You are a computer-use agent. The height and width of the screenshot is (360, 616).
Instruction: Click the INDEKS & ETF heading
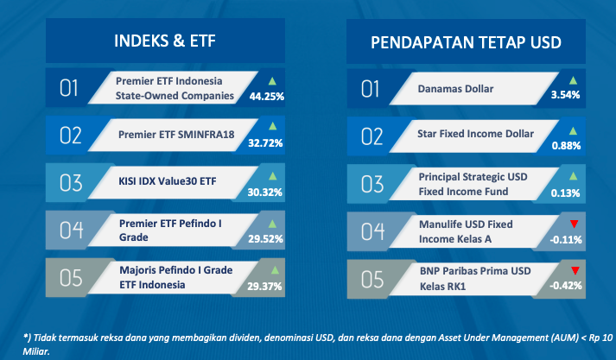click(x=165, y=41)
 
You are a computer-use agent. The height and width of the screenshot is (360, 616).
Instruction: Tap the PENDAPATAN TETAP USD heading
click(x=466, y=42)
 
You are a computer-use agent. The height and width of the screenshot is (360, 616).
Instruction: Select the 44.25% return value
click(x=267, y=96)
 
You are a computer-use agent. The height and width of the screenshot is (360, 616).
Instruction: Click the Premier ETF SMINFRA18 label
click(x=176, y=135)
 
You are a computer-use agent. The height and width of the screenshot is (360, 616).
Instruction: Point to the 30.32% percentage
click(x=264, y=192)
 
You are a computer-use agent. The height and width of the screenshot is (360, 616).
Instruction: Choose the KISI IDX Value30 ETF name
click(x=168, y=181)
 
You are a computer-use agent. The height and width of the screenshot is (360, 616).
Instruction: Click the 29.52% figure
click(x=265, y=238)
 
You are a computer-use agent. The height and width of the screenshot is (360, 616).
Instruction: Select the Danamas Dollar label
click(x=455, y=89)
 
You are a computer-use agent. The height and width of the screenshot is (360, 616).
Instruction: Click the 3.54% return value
click(x=565, y=95)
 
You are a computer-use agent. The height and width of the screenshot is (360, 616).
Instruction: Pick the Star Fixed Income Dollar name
click(x=475, y=134)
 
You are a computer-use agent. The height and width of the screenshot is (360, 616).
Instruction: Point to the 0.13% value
click(x=565, y=193)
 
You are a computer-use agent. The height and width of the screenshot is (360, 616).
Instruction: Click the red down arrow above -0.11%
click(x=574, y=224)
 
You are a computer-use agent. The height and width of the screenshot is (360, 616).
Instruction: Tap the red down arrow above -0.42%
click(x=575, y=270)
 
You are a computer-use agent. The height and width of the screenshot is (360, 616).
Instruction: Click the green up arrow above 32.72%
click(x=272, y=126)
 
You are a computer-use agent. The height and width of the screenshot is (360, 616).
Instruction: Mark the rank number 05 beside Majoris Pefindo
click(x=71, y=278)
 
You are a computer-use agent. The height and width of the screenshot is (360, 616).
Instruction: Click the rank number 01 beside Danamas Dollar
click(x=370, y=89)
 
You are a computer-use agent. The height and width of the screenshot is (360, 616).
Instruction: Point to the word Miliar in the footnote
click(x=36, y=351)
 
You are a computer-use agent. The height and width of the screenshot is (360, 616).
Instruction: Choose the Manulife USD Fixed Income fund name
click(x=466, y=231)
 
